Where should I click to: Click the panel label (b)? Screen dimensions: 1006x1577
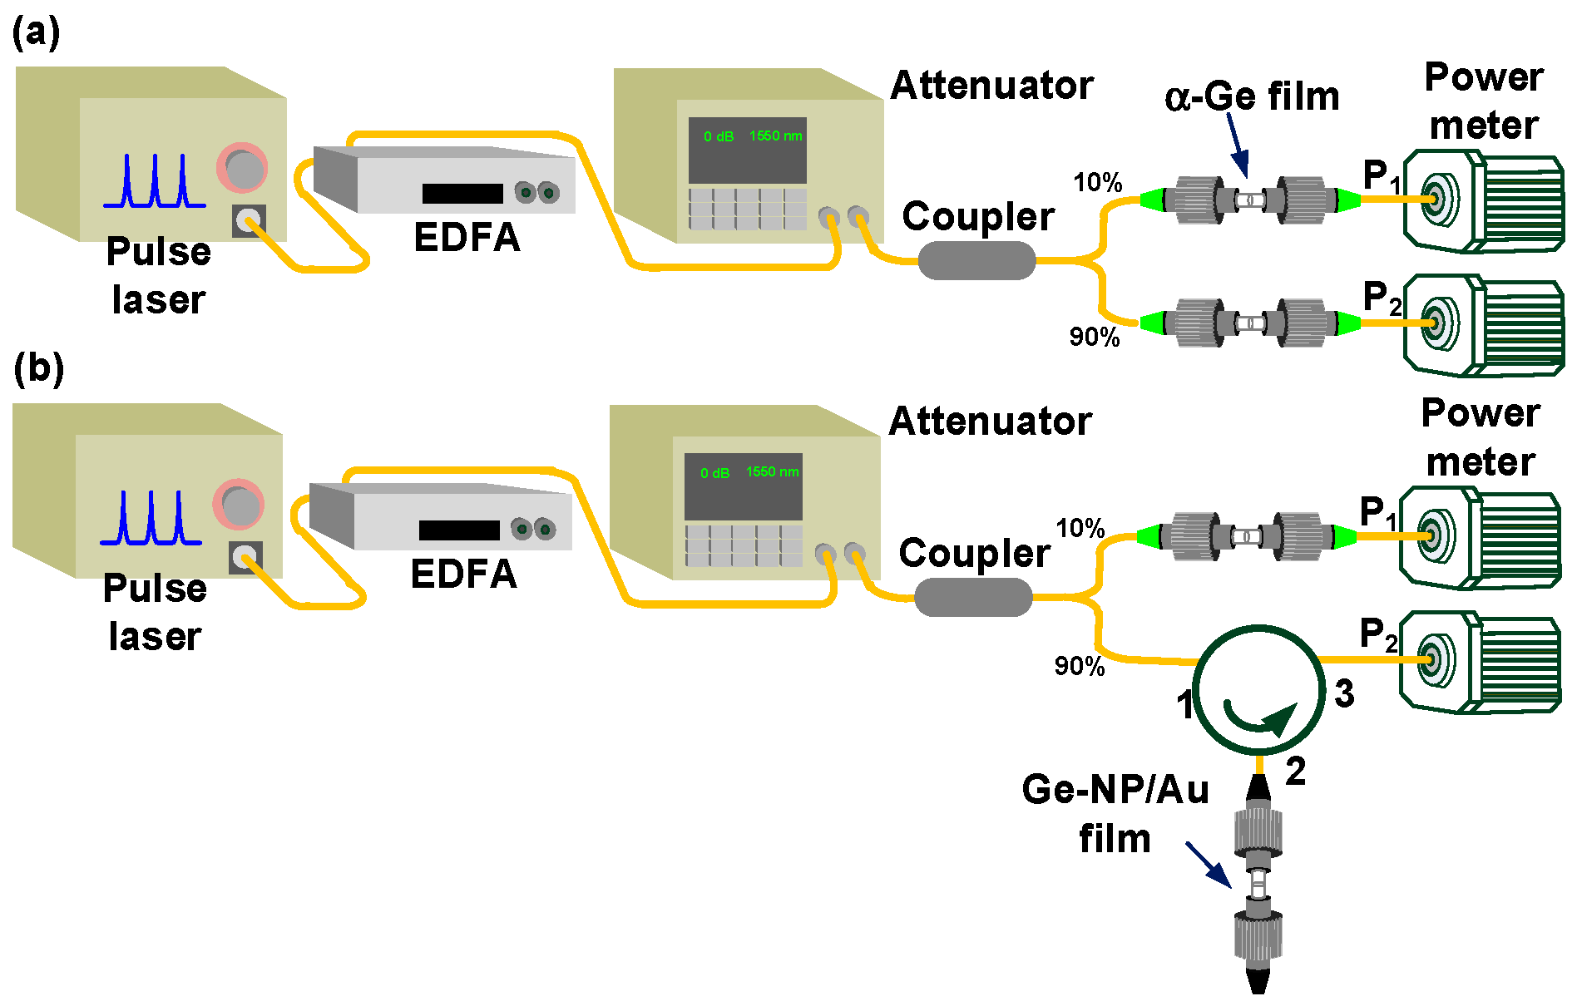click(x=38, y=368)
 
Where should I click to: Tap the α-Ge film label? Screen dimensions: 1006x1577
click(x=1252, y=96)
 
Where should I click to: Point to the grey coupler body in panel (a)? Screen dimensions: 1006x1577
click(x=976, y=260)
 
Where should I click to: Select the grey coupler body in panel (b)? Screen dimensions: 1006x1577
click(x=973, y=597)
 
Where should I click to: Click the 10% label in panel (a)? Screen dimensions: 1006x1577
click(x=1097, y=182)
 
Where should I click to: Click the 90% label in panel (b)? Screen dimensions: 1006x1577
click(x=1079, y=666)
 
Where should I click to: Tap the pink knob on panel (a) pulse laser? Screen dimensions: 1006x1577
click(x=242, y=169)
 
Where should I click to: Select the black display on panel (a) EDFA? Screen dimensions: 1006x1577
click(x=462, y=194)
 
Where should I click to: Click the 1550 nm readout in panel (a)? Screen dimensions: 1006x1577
click(x=775, y=136)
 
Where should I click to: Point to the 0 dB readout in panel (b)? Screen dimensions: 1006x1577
click(x=714, y=473)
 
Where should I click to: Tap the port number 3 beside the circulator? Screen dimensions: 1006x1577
click(x=1344, y=693)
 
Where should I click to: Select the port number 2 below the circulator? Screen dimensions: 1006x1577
click(x=1295, y=771)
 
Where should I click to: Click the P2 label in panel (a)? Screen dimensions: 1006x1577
click(x=1381, y=298)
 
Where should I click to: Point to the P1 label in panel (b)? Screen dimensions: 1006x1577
click(x=1377, y=513)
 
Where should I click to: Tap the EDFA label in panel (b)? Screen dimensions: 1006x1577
click(x=463, y=574)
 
